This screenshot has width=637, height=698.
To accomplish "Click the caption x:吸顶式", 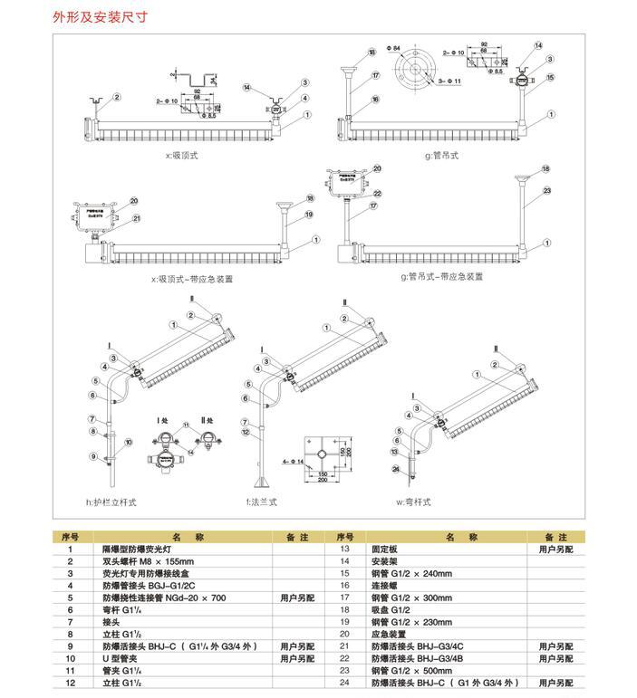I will point(180,155).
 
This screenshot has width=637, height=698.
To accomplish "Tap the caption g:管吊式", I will point(441,155).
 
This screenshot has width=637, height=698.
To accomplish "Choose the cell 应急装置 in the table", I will point(391,634).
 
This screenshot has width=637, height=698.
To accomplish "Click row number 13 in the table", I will point(344,549).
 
